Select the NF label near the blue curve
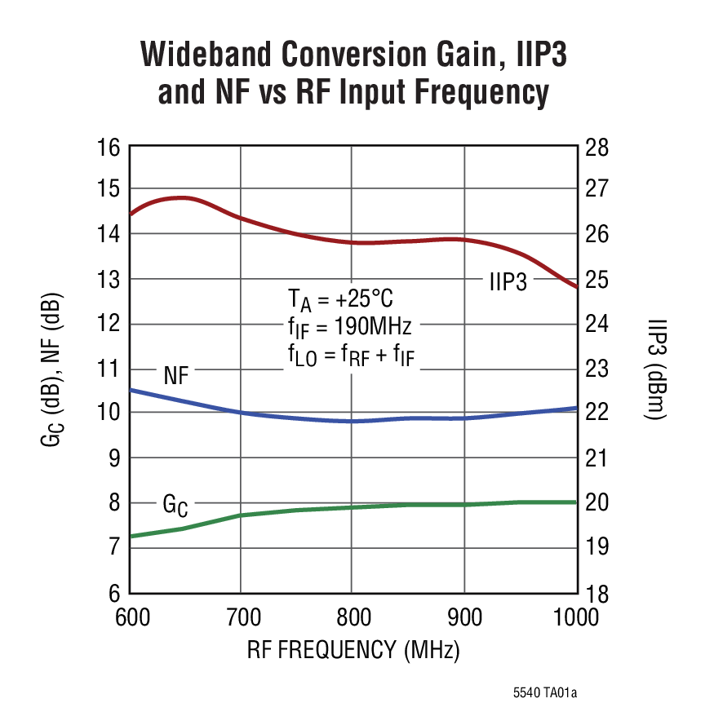click(x=178, y=375)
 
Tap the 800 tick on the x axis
click(x=351, y=618)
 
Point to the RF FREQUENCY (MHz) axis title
click(x=353, y=651)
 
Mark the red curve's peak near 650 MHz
click(x=181, y=197)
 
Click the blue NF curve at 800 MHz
click(x=351, y=421)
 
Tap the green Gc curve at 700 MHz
click(x=241, y=515)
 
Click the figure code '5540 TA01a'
click(x=545, y=692)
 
